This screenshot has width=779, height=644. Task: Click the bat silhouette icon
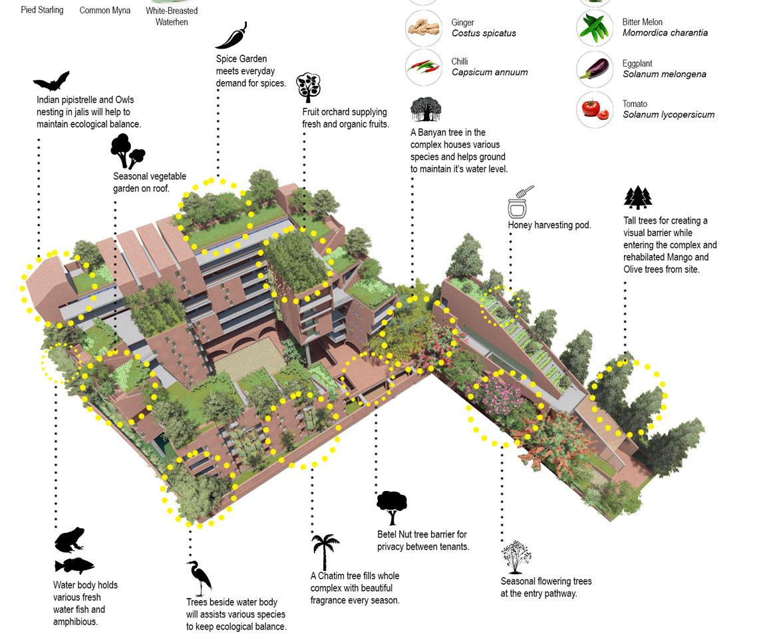51,82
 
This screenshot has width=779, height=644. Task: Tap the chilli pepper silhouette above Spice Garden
232,36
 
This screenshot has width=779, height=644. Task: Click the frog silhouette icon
69,540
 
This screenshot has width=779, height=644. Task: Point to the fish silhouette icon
74,565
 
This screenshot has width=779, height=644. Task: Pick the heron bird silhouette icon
199,577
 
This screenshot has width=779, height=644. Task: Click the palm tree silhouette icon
325,552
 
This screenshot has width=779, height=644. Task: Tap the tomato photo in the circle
594,109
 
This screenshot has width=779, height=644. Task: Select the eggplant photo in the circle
594,69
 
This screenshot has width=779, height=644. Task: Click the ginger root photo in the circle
423,28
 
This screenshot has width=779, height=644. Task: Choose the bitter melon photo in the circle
594,28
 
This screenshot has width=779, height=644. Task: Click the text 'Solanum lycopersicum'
668,114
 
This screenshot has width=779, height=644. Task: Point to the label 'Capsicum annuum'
489,72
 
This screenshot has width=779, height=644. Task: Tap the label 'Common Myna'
104,11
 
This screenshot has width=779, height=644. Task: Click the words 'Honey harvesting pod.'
549,225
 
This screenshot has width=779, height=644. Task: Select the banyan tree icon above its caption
426,109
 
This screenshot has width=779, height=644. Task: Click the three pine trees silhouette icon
637,198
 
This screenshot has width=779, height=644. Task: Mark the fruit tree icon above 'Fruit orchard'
308,87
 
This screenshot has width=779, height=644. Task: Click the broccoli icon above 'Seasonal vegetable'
127,151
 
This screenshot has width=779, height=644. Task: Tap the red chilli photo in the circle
423,68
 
